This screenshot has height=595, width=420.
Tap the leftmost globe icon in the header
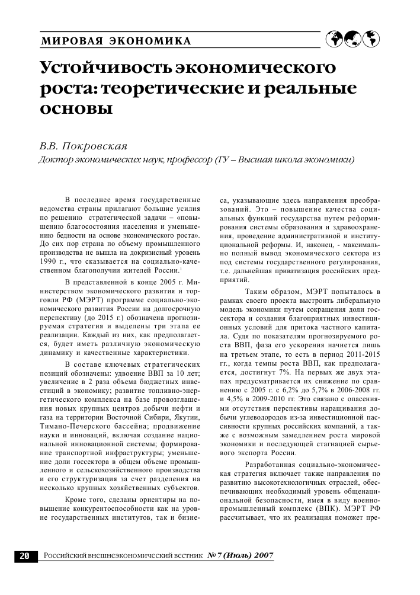point(335,39)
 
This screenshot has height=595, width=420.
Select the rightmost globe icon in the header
point(371,39)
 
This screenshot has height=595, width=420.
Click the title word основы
point(75,110)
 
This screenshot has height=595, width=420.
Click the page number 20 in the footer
point(25,556)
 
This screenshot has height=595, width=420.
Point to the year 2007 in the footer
point(264,555)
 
